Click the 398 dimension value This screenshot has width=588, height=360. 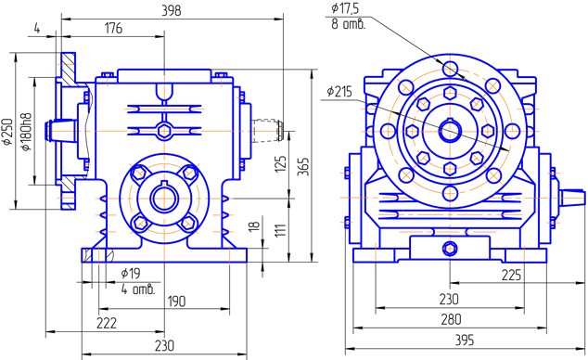coord(172,10)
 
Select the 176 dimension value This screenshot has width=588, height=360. coord(113,28)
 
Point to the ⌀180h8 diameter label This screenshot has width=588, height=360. coord(26,132)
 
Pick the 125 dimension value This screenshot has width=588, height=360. coord(280,164)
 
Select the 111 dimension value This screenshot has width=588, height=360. coord(280,229)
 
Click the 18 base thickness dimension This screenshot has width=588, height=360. coord(254,225)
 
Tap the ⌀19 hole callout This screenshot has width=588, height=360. coord(131,274)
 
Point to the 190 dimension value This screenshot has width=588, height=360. coord(176,301)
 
